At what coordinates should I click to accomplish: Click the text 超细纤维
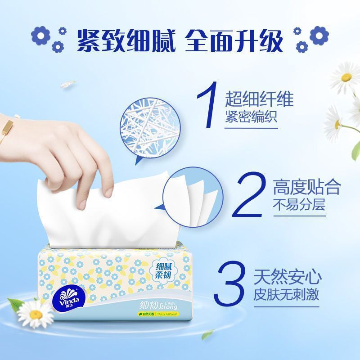pos(259,99)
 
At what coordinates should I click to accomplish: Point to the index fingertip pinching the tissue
pos(108,193)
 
